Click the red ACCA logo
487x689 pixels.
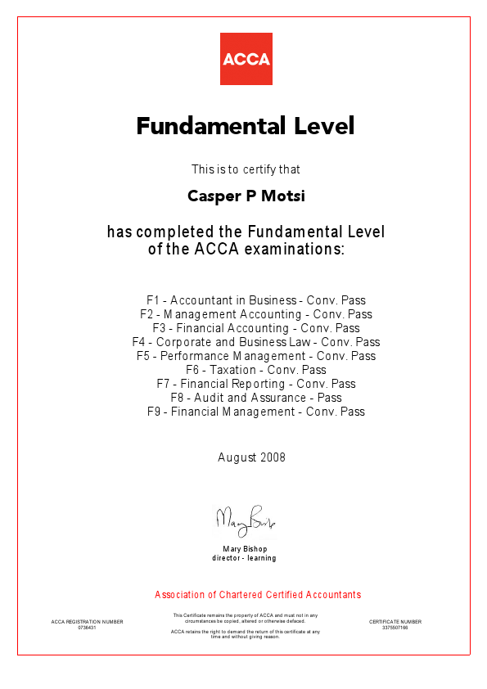click(246, 59)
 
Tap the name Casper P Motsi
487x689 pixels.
click(246, 196)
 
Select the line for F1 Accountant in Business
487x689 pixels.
click(256, 300)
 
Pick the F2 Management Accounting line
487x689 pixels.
click(256, 314)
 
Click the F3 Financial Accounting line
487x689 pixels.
click(256, 328)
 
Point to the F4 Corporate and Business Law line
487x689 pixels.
click(256, 342)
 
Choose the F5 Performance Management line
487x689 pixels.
click(256, 356)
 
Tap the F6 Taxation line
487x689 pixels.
click(256, 370)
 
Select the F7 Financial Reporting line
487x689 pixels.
click(256, 384)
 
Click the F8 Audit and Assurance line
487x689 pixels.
click(256, 398)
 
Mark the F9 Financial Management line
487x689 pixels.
click(256, 412)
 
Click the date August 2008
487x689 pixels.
click(252, 457)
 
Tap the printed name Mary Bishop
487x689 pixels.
click(245, 548)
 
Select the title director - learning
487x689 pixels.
click(245, 558)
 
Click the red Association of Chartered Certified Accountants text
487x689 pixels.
click(258, 595)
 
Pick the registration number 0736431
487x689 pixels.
click(87, 628)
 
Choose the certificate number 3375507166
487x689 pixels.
click(395, 628)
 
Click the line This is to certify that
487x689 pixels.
click(246, 169)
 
